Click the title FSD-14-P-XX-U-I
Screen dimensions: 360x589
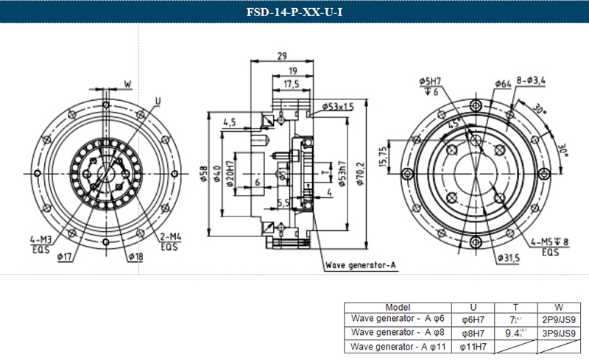point(294,11)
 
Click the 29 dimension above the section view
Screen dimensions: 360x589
point(282,56)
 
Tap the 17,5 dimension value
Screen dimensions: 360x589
point(292,85)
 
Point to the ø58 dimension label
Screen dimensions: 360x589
point(204,174)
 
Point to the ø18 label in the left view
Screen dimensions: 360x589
point(135,256)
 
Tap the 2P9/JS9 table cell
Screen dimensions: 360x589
point(559,320)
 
